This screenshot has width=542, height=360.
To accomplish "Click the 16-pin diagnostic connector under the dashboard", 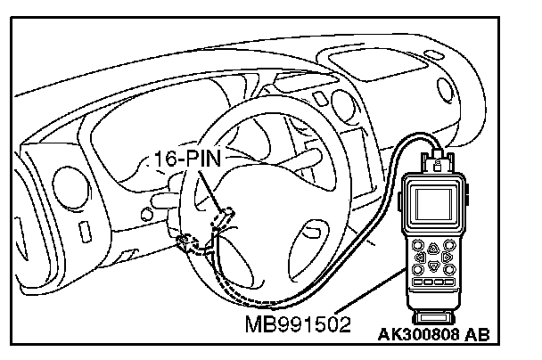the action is tap(226, 215).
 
